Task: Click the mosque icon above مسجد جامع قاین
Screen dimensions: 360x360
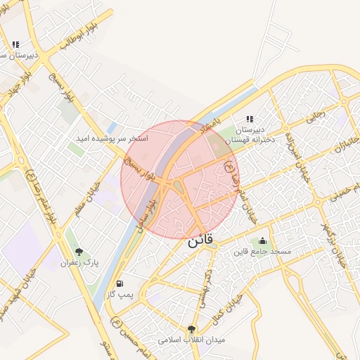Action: point(263,241)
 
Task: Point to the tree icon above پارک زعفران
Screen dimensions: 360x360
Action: point(79,252)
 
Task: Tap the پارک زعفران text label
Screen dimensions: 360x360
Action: point(79,262)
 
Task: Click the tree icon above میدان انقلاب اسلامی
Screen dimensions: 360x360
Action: point(191,329)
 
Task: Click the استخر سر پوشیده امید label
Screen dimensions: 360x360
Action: point(112,139)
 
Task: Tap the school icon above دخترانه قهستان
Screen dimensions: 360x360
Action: point(249,120)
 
